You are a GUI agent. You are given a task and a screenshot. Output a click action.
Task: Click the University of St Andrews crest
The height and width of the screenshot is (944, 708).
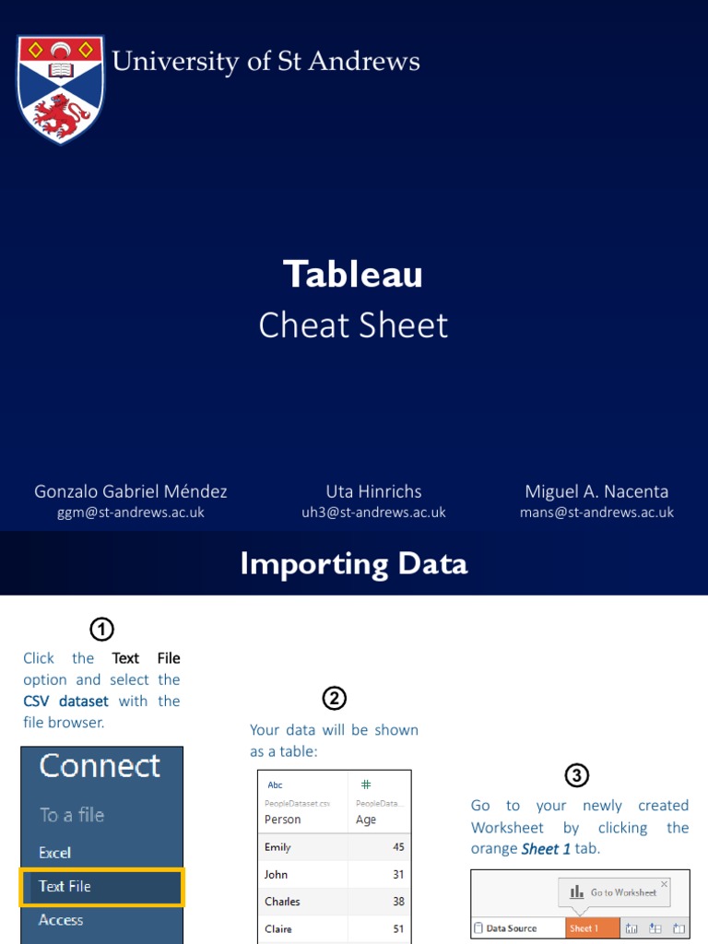point(61,89)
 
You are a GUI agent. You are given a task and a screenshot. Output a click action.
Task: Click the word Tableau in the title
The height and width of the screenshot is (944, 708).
point(353,274)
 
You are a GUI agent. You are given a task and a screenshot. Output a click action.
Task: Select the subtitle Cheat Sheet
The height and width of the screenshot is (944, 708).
point(353,325)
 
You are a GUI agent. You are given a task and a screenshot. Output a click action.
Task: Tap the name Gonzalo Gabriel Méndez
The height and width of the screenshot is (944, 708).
point(130,491)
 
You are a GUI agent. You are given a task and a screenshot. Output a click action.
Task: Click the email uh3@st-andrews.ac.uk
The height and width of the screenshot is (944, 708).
point(373,513)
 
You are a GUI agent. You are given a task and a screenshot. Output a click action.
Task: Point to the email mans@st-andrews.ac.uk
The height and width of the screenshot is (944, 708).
point(596,513)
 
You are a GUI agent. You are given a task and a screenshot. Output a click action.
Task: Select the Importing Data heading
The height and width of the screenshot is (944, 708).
point(353,563)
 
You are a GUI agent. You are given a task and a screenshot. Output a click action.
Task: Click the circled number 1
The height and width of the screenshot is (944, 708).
point(101,630)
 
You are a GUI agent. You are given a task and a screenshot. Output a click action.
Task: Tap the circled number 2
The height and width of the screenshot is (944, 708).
point(334,699)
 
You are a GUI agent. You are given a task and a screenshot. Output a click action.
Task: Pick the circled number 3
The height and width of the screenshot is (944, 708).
point(577,775)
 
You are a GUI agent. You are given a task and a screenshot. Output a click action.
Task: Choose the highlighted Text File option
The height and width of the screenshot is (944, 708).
point(102,886)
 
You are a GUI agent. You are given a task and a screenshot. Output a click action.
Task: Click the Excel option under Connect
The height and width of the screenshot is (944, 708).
point(55,853)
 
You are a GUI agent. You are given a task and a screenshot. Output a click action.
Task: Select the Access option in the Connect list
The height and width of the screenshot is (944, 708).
point(61,920)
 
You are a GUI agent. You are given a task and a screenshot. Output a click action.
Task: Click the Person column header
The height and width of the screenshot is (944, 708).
point(283,819)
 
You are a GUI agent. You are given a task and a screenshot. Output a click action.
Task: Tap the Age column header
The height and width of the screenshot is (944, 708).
point(366,819)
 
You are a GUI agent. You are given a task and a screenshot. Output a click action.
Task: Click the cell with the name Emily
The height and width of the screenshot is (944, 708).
point(277,847)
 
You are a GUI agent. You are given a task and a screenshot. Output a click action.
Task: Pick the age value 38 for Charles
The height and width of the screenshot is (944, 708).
point(397,902)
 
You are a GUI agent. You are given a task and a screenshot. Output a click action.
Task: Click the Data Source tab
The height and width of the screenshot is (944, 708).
point(511,928)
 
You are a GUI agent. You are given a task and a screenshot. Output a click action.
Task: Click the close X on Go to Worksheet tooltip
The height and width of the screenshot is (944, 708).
point(664,884)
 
